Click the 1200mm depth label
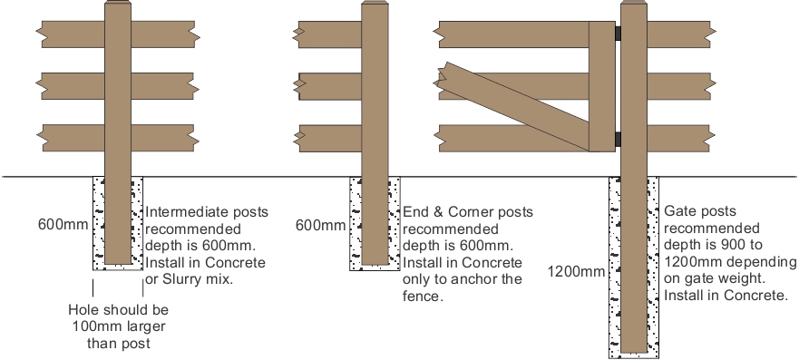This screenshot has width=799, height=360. (x=575, y=270)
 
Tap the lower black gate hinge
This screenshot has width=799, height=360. (x=616, y=139)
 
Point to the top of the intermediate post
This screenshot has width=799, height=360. (x=118, y=7)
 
